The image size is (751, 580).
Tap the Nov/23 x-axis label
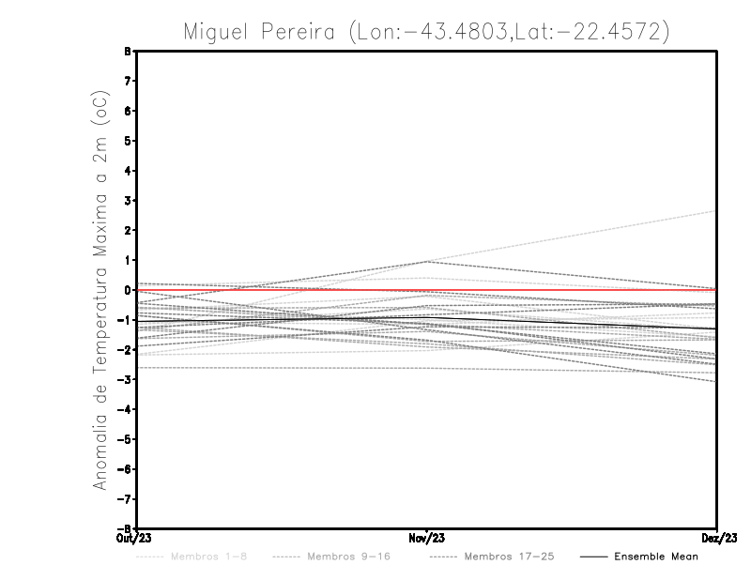tap(427, 538)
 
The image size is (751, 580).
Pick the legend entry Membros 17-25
tap(508, 557)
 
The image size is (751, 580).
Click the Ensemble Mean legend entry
tap(655, 557)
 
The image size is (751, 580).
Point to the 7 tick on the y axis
tap(127, 81)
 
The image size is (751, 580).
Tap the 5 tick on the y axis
tap(127, 141)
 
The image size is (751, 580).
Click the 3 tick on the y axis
tap(127, 200)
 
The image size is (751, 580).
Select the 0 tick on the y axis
tap(127, 290)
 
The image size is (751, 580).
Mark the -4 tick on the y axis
tap(125, 409)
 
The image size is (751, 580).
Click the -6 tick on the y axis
tap(125, 468)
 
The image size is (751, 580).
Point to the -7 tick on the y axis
tap(125, 498)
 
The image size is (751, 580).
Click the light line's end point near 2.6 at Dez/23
tap(716, 211)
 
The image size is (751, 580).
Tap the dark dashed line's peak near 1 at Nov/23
tap(427, 261)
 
